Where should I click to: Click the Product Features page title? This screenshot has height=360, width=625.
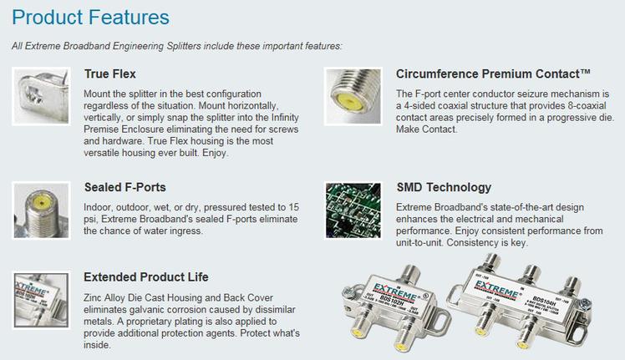[x=90, y=18]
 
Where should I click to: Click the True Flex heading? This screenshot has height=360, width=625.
[x=110, y=74]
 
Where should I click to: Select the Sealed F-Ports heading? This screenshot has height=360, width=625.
[x=124, y=187]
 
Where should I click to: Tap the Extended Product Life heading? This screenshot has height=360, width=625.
[x=146, y=277]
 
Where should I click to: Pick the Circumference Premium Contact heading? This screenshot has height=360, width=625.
[x=493, y=74]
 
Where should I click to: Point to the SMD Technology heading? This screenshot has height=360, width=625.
[x=444, y=187]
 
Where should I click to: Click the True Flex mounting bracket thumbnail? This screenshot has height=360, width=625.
[x=42, y=96]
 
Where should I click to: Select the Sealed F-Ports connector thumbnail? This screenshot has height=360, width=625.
[x=42, y=210]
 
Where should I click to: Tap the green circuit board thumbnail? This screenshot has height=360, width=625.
[x=353, y=210]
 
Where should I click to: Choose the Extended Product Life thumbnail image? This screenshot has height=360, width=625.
[x=42, y=300]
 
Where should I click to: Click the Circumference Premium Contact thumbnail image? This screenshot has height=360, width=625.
[x=353, y=96]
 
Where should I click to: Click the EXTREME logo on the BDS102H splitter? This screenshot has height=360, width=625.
[x=394, y=292]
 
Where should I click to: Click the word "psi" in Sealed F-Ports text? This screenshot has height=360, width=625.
[x=89, y=220]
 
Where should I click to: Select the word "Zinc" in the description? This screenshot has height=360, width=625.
[x=93, y=298]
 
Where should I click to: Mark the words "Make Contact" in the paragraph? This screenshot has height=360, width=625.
[x=426, y=129]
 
